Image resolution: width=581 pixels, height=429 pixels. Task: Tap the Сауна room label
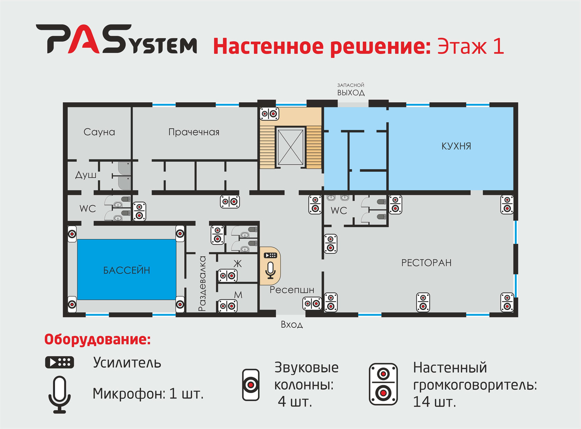pos(99,132)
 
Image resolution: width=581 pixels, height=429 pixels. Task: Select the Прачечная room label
pos(194,132)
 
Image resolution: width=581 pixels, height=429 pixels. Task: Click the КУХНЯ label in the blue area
pos(456,146)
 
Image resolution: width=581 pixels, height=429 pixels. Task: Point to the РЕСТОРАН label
pos(426,263)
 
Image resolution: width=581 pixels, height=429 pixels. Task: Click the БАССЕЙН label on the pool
pos(127,270)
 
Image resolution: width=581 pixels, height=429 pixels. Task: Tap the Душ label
pos(86,175)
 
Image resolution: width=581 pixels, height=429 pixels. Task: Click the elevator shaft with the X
pos(290,147)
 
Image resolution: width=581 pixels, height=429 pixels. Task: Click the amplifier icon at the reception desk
pos(270,255)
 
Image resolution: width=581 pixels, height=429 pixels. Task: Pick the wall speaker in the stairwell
pos(269,113)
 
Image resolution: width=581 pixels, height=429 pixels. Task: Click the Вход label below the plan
pos(292,325)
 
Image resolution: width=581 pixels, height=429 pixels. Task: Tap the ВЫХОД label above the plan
pos(351,93)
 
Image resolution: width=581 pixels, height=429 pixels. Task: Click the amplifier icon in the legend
pos(59,362)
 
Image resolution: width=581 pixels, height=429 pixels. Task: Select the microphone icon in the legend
pos(59,394)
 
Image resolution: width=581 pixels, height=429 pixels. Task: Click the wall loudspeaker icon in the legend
pos(383,384)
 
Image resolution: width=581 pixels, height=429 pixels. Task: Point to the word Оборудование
pos(98,339)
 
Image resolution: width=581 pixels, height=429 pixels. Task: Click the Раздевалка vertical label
pos(202,283)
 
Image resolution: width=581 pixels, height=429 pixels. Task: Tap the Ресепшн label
pos(292,290)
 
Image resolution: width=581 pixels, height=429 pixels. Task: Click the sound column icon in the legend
pos(251,385)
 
